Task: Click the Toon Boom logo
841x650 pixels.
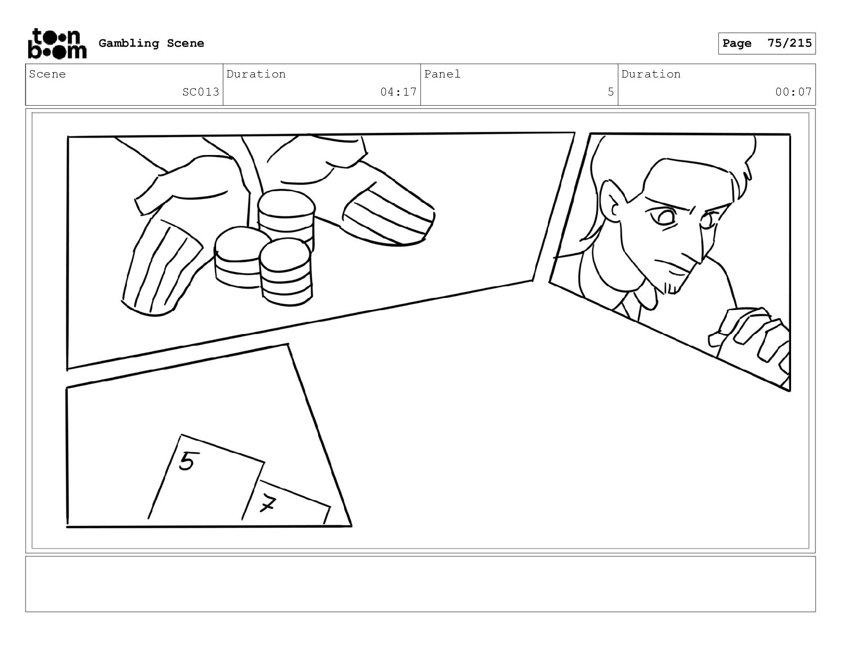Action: pyautogui.click(x=57, y=44)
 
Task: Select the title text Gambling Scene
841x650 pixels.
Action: pyautogui.click(x=151, y=43)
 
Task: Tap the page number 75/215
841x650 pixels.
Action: pyautogui.click(x=789, y=43)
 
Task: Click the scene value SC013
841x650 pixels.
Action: pyautogui.click(x=201, y=92)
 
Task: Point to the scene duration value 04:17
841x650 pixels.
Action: pyautogui.click(x=398, y=92)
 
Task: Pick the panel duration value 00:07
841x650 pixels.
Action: pyautogui.click(x=793, y=92)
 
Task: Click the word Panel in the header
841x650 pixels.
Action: pyautogui.click(x=442, y=74)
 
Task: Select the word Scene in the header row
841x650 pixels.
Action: pyautogui.click(x=47, y=74)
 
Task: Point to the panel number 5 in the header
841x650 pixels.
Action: pyautogui.click(x=611, y=92)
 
